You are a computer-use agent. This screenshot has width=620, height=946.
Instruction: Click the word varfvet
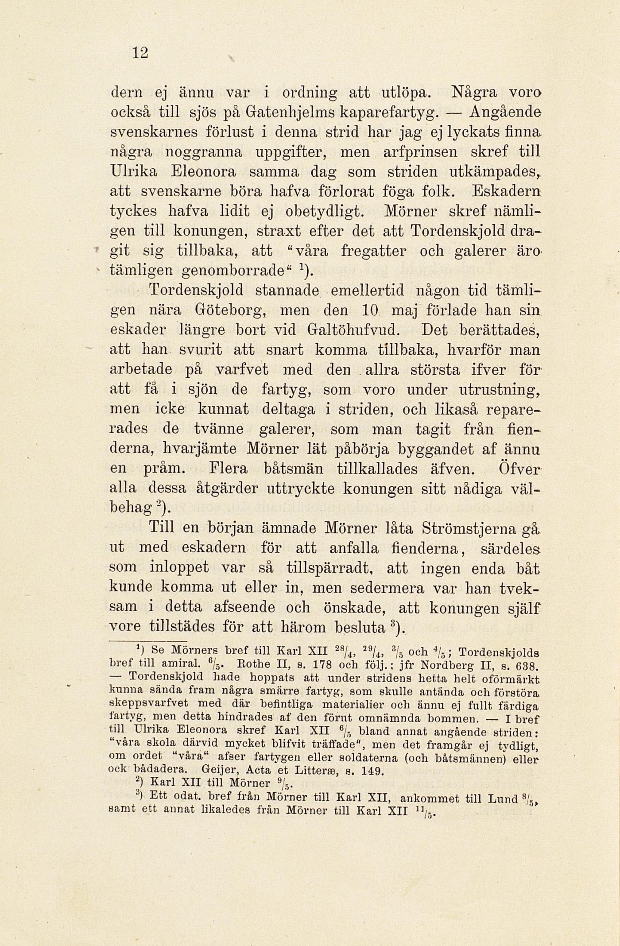click(246, 369)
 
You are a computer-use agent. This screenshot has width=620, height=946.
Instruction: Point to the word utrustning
click(500, 390)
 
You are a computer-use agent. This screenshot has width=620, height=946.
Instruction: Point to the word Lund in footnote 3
click(503, 799)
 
